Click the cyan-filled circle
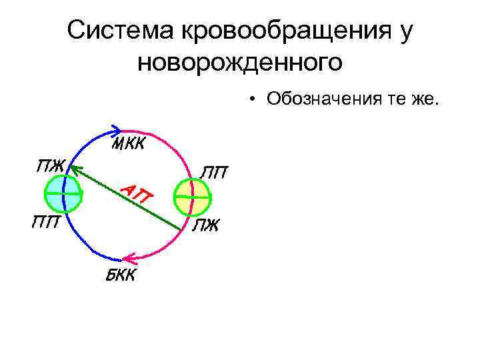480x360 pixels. click(63, 193)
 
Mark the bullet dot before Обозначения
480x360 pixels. click(255, 100)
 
